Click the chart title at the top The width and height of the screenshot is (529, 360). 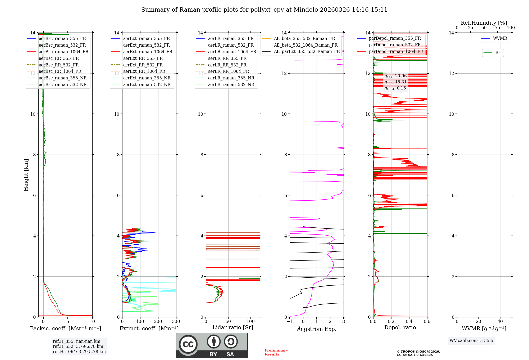tap(264, 10)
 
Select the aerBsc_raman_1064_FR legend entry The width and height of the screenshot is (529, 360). tap(63, 52)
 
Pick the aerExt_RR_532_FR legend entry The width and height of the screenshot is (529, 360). tap(143, 65)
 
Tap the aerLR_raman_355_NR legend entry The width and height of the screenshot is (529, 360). tap(231, 78)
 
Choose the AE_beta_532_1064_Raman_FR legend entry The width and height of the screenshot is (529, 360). tap(305, 45)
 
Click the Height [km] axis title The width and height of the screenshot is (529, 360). tap(26, 175)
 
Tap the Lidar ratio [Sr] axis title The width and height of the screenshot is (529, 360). tap(233, 327)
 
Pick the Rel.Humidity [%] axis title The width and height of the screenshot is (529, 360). tap(484, 23)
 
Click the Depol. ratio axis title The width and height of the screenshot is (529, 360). tap(400, 327)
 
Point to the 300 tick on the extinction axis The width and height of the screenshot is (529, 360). tap(176, 322)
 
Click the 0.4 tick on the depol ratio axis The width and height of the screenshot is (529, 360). tap(409, 322)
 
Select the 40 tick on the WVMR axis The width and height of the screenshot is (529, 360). tap(500, 322)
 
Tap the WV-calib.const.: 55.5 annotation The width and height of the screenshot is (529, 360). tap(471, 340)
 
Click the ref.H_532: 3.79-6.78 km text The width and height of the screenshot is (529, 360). tap(78, 346)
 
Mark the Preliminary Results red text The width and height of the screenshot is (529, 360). tap(276, 352)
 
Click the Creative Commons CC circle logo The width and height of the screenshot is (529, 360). tap(188, 344)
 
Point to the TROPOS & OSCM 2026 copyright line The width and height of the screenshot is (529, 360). tap(418, 352)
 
